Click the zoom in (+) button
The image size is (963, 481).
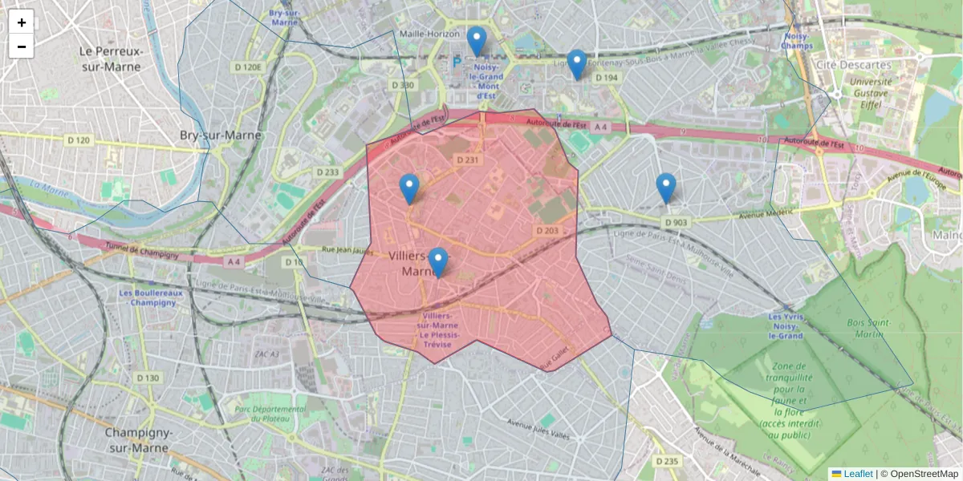[22, 22]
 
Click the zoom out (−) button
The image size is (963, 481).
[22, 46]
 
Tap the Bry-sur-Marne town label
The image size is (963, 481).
[221, 135]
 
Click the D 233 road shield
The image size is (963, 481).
[327, 172]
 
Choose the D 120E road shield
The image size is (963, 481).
[248, 67]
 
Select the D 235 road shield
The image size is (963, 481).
[667, 461]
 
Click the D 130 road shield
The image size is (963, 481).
[148, 378]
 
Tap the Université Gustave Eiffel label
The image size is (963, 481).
[870, 92]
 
